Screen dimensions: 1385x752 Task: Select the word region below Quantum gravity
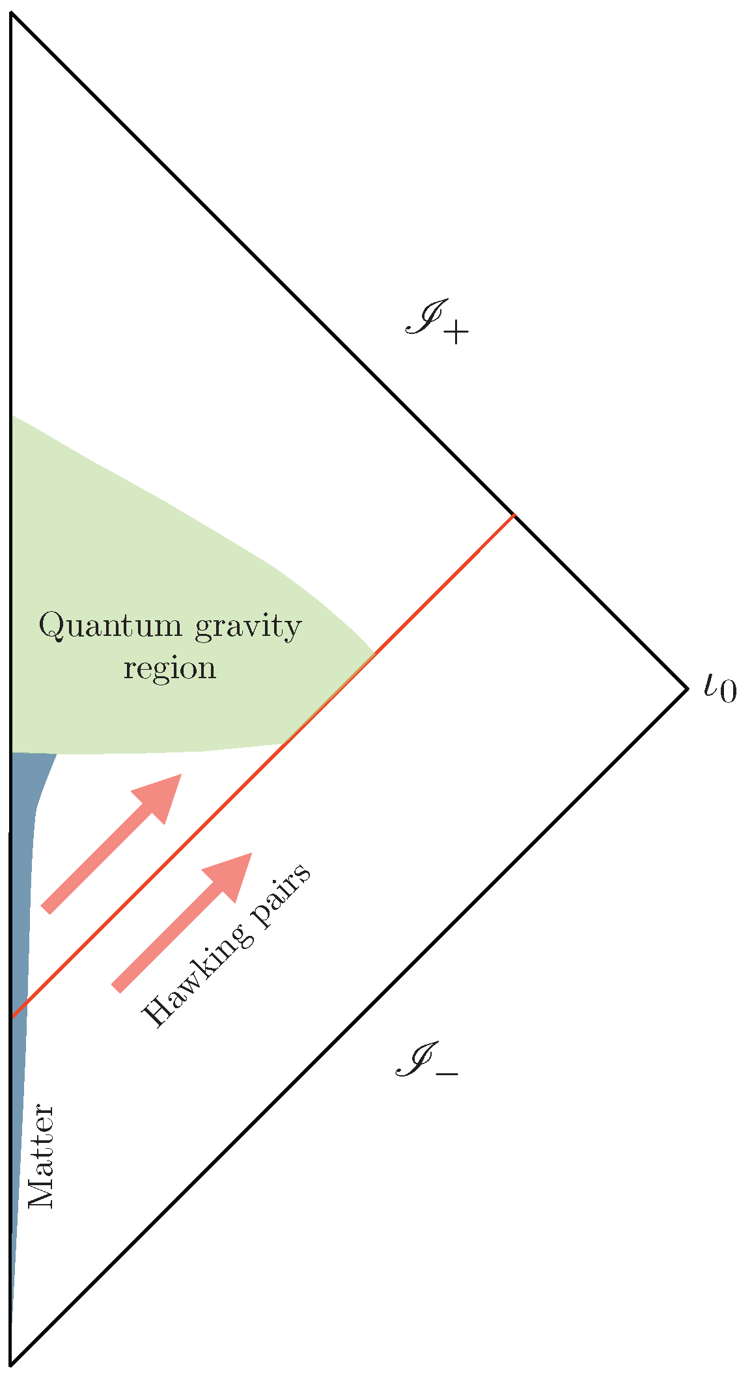click(x=169, y=668)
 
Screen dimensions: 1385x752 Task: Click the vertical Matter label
click(x=43, y=1156)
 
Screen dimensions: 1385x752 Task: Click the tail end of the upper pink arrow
click(x=46, y=909)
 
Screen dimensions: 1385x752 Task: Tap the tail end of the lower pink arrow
click(x=117, y=987)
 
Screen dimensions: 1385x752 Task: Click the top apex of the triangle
click(x=12, y=13)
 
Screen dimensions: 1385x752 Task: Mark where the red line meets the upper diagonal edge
click(x=515, y=515)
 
